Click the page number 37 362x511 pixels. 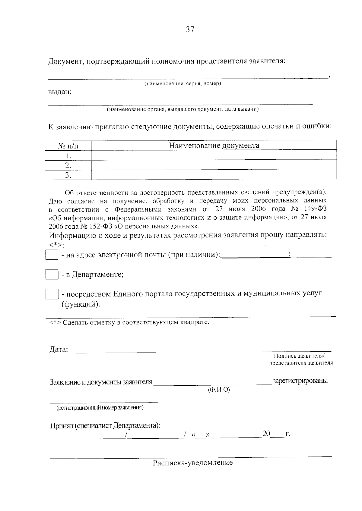[x=190, y=30]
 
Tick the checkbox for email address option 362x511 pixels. [x=52, y=255]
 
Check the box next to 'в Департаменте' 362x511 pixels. [x=52, y=274]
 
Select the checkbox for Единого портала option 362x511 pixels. [x=52, y=294]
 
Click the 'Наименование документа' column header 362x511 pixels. [x=214, y=146]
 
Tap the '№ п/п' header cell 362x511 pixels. [x=68, y=146]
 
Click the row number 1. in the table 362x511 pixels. [x=68, y=156]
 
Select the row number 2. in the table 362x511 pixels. [x=68, y=165]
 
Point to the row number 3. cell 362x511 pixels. [x=68, y=175]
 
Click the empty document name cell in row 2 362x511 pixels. [x=214, y=165]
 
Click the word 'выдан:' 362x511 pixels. [x=60, y=92]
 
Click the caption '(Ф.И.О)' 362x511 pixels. [x=219, y=390]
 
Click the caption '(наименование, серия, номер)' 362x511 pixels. [x=183, y=83]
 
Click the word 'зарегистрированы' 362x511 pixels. [x=300, y=381]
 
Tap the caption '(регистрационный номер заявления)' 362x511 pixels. [x=100, y=408]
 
